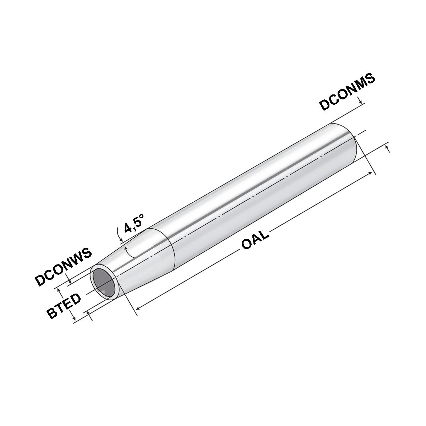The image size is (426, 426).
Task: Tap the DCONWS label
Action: tap(63, 267)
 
